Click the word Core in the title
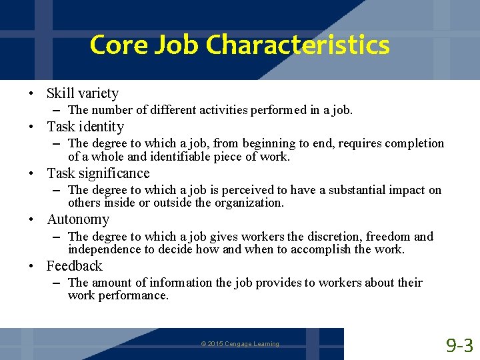click(112, 45)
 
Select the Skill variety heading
click(83, 93)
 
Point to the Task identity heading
click(85, 127)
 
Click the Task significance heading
click(98, 173)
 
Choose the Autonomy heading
click(78, 219)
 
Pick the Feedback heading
click(75, 266)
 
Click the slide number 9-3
click(459, 345)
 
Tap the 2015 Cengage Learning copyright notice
click(240, 344)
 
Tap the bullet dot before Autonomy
click(31, 220)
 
